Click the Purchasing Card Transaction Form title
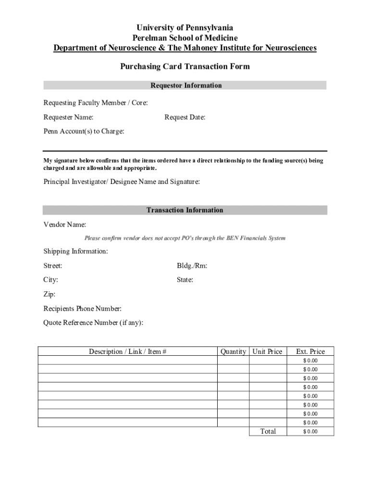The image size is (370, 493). [185, 66]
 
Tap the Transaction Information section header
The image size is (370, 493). [185, 210]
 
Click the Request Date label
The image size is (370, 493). [185, 117]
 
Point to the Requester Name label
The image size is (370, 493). [69, 117]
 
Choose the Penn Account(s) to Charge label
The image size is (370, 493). [84, 131]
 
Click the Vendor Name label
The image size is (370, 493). [65, 224]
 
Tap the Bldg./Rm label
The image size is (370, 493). [192, 266]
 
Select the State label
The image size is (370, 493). [185, 280]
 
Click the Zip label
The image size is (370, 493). [49, 294]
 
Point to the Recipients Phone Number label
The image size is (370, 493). [83, 309]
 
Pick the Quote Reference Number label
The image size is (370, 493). [93, 323]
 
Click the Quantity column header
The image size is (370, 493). [233, 351]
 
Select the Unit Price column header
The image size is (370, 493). [267, 351]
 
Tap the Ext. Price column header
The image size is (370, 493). [310, 351]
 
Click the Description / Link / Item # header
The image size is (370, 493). [128, 351]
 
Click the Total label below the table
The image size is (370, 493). [268, 431]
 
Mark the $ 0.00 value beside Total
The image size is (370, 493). [310, 431]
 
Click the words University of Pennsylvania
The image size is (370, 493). [185, 28]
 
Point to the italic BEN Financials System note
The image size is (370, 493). [185, 238]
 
